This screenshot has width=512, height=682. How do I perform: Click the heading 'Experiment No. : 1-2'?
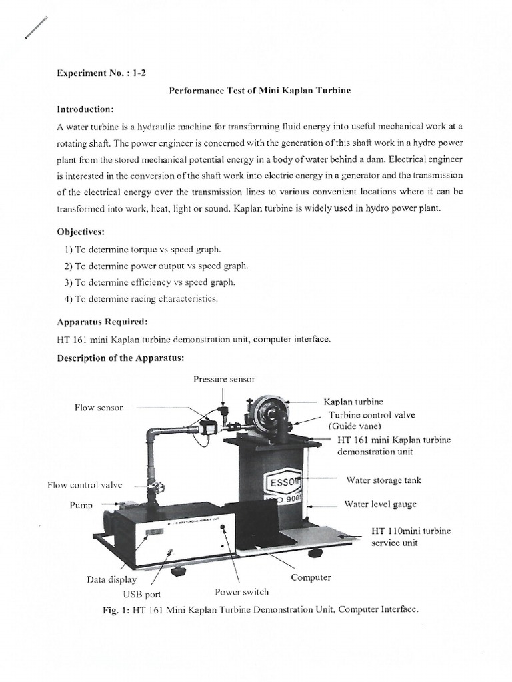tap(101, 75)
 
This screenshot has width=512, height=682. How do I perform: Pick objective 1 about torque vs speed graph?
tap(143, 249)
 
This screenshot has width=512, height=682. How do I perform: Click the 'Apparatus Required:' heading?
tap(102, 322)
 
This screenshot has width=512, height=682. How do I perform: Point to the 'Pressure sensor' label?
tap(224, 379)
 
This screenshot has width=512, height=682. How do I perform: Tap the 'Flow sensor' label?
tap(99, 407)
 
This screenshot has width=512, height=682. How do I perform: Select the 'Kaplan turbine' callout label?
tap(353, 402)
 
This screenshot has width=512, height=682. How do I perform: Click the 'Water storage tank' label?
tap(383, 480)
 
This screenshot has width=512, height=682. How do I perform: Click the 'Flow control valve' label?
tap(85, 485)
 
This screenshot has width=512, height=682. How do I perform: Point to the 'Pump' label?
tap(81, 506)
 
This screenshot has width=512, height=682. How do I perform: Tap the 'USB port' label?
tap(141, 594)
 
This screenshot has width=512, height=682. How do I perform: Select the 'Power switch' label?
tap(241, 591)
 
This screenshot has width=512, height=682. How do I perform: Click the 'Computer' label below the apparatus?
tap(311, 577)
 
